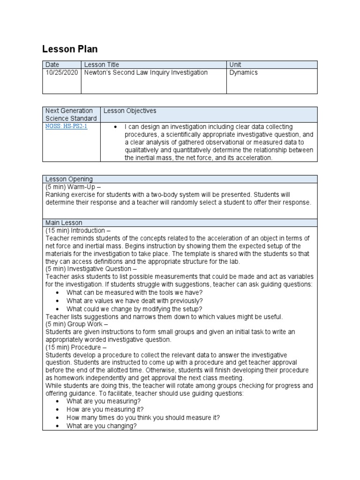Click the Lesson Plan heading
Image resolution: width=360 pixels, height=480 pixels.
coord(70,49)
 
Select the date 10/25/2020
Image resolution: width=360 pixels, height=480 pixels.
coord(61,73)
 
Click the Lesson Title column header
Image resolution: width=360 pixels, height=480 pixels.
coord(101,65)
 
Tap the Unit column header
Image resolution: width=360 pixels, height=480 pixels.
coord(235,65)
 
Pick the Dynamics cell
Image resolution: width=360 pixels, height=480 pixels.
coord(243,73)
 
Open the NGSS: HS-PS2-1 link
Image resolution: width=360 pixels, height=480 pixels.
coord(66,127)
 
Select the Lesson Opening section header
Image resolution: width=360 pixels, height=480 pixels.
coord(69,179)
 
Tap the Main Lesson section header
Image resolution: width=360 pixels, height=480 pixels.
coord(64,223)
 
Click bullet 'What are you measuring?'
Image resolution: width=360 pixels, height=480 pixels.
coord(104,402)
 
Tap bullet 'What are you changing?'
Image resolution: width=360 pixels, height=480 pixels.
coord(102,426)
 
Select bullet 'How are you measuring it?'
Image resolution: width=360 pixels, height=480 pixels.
coord(105,410)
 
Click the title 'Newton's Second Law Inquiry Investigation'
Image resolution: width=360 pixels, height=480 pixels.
coord(146,73)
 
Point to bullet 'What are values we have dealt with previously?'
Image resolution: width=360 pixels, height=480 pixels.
coord(135,300)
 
